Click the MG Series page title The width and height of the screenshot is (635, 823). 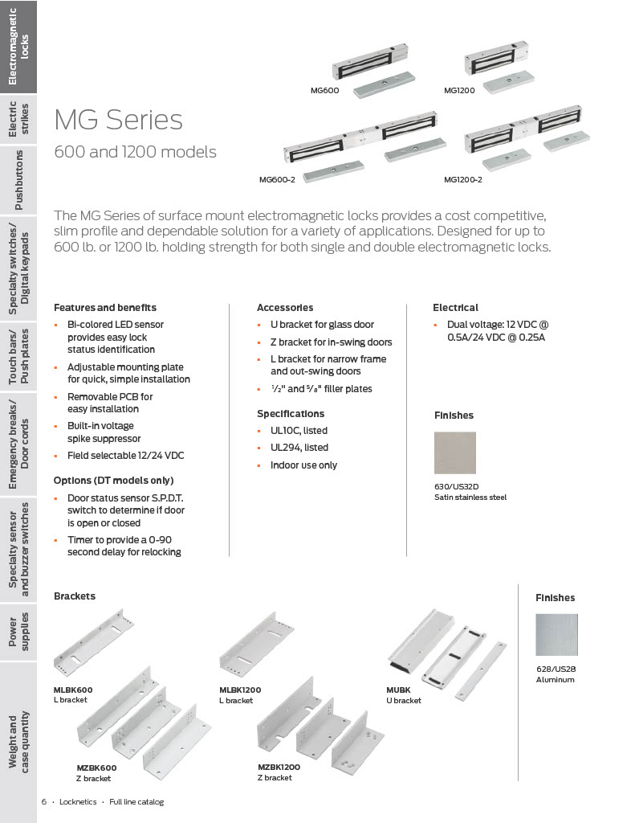(x=118, y=120)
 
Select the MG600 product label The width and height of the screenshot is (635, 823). (x=324, y=91)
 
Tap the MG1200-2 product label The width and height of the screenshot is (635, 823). (x=462, y=179)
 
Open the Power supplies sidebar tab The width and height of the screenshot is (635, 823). (x=18, y=629)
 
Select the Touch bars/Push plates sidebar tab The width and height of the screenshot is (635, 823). (x=18, y=357)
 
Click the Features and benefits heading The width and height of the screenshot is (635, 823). (x=104, y=308)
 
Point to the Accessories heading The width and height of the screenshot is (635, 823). (x=284, y=308)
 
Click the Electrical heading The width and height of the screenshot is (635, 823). (x=455, y=308)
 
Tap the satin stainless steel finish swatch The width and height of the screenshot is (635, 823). (x=454, y=453)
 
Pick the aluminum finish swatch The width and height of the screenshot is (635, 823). (x=556, y=635)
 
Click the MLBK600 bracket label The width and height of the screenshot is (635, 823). (x=73, y=690)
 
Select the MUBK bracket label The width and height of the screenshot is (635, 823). (x=398, y=690)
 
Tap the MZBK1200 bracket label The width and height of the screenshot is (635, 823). (x=279, y=767)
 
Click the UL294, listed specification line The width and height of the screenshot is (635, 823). (x=299, y=448)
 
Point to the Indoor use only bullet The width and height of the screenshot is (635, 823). (x=303, y=465)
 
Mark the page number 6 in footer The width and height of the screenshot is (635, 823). (x=44, y=802)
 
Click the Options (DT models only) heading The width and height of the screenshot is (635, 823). (x=113, y=481)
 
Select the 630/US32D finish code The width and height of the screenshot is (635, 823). (x=456, y=486)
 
